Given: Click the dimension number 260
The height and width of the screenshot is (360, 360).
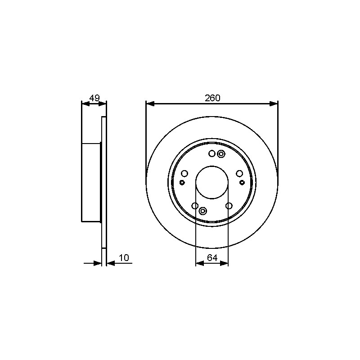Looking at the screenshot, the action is pyautogui.click(x=212, y=98).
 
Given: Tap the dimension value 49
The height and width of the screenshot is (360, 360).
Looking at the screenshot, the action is pyautogui.click(x=94, y=98).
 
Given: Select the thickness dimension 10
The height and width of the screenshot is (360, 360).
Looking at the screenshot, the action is pyautogui.click(x=124, y=257).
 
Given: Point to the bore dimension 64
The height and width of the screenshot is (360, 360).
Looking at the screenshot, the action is pyautogui.click(x=212, y=258).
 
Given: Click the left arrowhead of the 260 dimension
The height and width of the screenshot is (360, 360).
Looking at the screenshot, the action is pyautogui.click(x=150, y=104).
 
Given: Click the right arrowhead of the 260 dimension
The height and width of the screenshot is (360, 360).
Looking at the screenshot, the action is pyautogui.click(x=274, y=104).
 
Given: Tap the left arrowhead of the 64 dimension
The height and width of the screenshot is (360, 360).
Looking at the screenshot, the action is pyautogui.click(x=199, y=263).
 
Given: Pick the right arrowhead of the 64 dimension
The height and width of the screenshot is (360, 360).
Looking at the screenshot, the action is pyautogui.click(x=224, y=263).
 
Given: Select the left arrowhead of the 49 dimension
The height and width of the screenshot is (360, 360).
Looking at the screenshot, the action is pyautogui.click(x=85, y=104).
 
